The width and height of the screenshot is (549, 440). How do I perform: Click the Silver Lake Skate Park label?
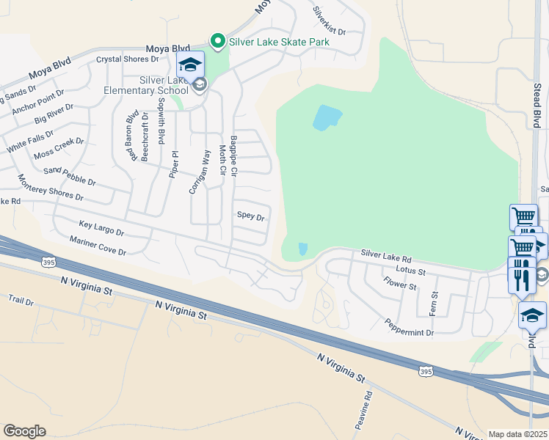pos(279,42)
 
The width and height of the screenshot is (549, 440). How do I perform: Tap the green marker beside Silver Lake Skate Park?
pos(217,42)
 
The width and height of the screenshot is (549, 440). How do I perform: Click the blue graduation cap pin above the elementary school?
pos(190,65)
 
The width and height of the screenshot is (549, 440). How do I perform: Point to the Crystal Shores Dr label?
pos(128,59)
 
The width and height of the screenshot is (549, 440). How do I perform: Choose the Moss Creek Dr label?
pos(59,148)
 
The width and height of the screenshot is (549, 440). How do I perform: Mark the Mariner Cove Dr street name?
pos(98,246)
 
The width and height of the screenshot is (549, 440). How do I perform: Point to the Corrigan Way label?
pos(200,172)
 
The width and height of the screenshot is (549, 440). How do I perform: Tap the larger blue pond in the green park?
pos(327,117)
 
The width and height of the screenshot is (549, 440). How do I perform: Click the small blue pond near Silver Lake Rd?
pos(303,249)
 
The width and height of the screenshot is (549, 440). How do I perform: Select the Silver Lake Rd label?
pos(386,256)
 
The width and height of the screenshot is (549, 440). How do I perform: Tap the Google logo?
pos(24,431)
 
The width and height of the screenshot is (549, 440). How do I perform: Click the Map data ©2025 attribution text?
pos(517,434)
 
